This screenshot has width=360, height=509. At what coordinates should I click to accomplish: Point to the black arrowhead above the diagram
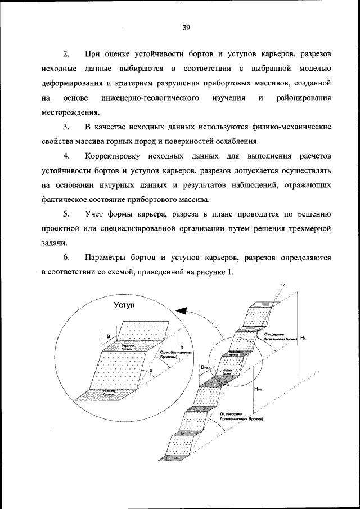tap(181, 310)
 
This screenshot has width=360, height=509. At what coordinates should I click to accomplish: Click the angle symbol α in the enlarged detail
tap(151, 370)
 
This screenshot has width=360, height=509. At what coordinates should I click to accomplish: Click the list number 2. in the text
tap(66, 54)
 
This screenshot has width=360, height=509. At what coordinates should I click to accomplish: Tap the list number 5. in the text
tap(66, 214)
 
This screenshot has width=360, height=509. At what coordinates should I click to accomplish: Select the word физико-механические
tap(286, 127)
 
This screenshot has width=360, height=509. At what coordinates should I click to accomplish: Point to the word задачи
tap(56, 243)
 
